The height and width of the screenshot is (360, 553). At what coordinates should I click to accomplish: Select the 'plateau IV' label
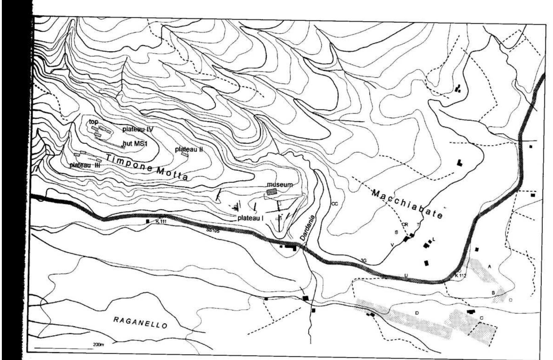point(137,129)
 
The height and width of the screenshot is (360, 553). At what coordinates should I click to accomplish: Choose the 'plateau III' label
point(84,165)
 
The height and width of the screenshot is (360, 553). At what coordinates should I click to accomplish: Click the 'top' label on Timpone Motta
point(94,122)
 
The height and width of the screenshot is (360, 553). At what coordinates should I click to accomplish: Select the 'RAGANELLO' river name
point(140,322)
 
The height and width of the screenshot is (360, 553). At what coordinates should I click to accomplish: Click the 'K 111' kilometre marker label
point(161,221)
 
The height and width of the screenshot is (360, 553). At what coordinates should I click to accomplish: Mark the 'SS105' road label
point(213,231)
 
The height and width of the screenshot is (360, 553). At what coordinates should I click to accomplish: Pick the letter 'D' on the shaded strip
point(417,313)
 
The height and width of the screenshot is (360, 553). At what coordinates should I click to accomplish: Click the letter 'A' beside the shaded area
point(490,266)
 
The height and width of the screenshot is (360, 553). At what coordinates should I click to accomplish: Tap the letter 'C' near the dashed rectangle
point(482,318)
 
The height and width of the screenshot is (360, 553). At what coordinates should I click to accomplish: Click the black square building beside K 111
point(148,221)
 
